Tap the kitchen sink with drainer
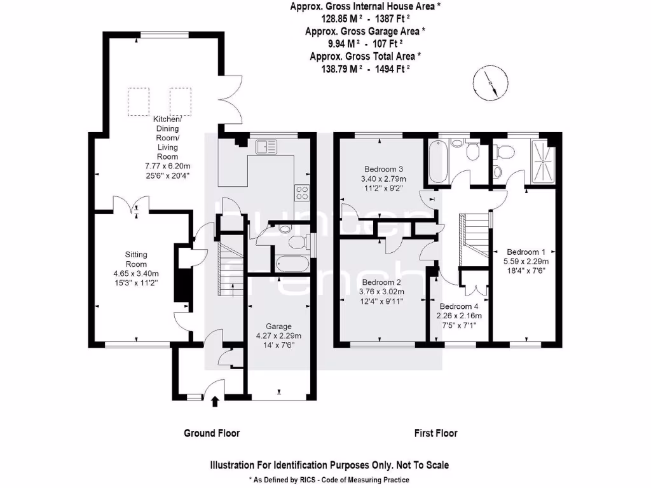point(267,147)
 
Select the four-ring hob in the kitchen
point(302,192)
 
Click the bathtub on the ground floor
point(293,263)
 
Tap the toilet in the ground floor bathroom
point(296,242)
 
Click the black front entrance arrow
point(214,401)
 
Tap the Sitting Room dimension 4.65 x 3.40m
point(136,274)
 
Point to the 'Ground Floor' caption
point(212,433)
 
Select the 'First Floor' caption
point(435,433)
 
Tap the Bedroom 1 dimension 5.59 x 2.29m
point(526,261)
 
